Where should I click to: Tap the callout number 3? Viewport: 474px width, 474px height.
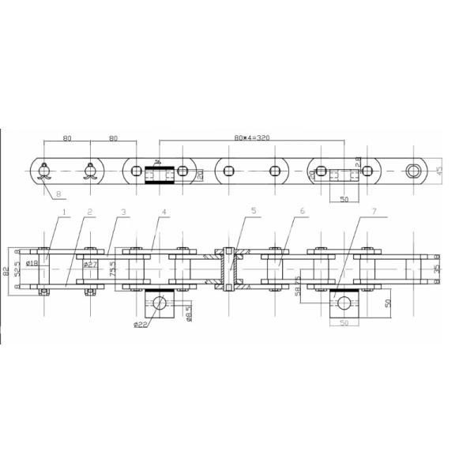tap(123, 212)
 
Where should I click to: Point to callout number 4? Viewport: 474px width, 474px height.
tap(164, 212)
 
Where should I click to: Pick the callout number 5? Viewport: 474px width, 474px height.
tap(254, 212)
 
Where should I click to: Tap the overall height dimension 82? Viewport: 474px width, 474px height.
tap(6, 271)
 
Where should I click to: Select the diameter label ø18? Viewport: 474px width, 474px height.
tap(32, 263)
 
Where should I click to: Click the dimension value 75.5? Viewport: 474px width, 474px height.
tap(113, 269)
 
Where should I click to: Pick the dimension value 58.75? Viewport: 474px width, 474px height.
tap(298, 285)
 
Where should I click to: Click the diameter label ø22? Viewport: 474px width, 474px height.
tap(141, 324)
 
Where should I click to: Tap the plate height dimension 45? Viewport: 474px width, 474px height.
tap(440, 171)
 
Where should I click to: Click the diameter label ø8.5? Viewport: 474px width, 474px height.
tap(188, 316)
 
